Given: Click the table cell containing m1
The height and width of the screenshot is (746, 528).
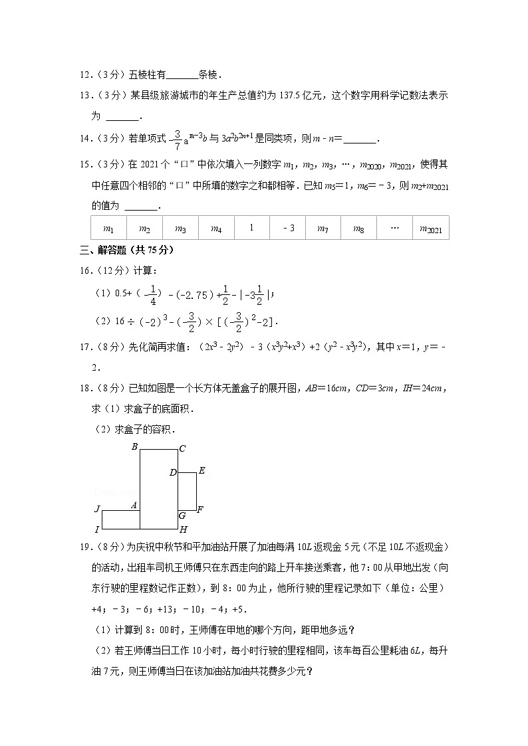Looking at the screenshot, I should click(108, 229).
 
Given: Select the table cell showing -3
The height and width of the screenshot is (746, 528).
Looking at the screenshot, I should click(288, 228).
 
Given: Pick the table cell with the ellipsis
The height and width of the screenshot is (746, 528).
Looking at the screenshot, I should click(394, 228).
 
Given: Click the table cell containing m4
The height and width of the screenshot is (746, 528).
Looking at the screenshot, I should click(216, 229).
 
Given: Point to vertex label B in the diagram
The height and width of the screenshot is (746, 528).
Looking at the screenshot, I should click(134, 447).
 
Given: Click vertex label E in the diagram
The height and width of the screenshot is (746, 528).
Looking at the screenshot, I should click(201, 471).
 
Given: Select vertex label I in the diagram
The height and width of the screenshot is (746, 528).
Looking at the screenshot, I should click(97, 529).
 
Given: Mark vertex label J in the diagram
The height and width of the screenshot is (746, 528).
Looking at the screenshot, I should click(97, 509).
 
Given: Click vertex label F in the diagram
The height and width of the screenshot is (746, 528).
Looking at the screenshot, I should click(200, 510).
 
